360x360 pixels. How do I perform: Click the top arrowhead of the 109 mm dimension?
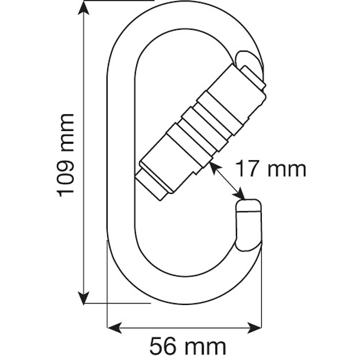[x=83, y=7]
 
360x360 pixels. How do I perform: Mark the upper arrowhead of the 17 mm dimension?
[x=213, y=166]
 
